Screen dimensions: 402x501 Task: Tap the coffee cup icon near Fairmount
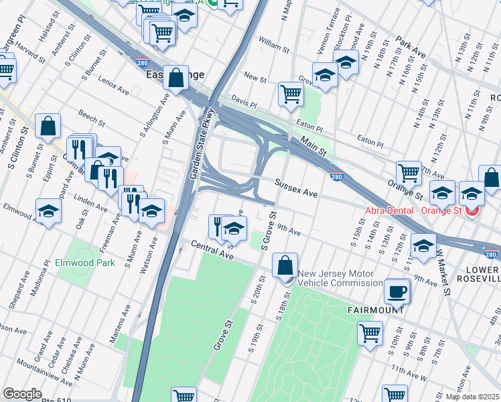[397, 291]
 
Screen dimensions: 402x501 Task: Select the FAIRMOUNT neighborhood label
[375, 311]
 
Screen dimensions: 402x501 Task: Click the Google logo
[22, 394]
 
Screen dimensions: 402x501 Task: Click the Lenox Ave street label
[113, 85]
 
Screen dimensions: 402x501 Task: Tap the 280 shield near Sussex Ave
[336, 176]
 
